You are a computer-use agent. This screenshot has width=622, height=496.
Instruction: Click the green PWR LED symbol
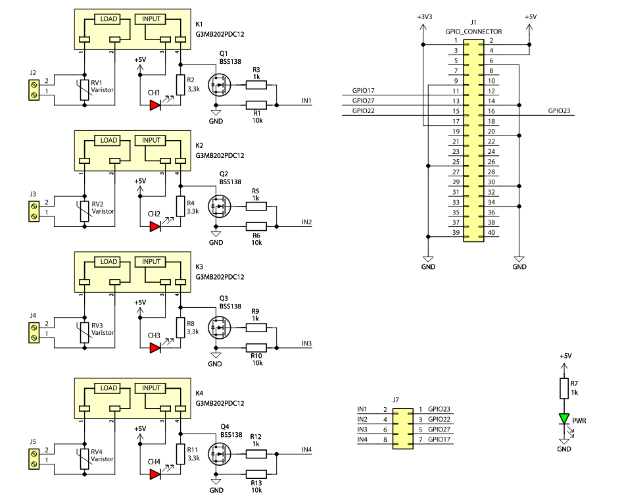coord(563,419)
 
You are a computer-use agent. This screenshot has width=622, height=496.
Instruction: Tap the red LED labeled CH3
coord(155,347)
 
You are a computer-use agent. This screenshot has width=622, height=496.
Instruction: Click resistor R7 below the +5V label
coord(563,388)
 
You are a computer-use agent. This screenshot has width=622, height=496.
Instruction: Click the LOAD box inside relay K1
coord(108,19)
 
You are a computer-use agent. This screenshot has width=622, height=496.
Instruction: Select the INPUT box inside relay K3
coord(151,262)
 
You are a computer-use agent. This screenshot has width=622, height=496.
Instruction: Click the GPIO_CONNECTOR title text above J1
coord(473,31)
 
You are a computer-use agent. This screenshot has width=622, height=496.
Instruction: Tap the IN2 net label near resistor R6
coord(306,222)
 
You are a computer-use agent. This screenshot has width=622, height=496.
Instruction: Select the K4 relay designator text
coord(199,393)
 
